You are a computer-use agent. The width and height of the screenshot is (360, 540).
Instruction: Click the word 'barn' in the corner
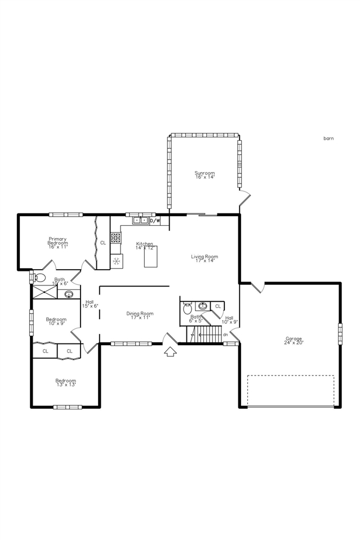pyautogui.click(x=328, y=138)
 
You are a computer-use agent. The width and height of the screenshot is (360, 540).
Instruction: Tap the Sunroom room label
pyautogui.click(x=205, y=175)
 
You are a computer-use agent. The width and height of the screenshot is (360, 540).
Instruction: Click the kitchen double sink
pyautogui.click(x=140, y=221)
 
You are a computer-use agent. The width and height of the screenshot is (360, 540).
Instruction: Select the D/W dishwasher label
pyautogui.click(x=155, y=221)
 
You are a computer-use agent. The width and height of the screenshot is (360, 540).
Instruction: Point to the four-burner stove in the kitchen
pyautogui.click(x=115, y=238)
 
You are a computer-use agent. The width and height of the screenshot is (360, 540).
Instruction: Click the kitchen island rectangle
pyautogui.click(x=151, y=256)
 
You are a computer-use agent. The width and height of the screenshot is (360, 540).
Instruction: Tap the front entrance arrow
pyautogui.click(x=170, y=351)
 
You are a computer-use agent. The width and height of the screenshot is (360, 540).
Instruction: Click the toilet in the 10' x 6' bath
pyautogui.click(x=39, y=277)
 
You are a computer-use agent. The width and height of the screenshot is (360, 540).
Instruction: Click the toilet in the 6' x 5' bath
pyautogui.click(x=188, y=308)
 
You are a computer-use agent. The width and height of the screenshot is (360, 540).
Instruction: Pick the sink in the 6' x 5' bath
pyautogui.click(x=202, y=306)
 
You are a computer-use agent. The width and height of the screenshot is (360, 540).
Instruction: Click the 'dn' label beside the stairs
pyautogui.click(x=225, y=334)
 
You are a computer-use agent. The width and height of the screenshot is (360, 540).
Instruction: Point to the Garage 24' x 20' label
pyautogui.click(x=294, y=341)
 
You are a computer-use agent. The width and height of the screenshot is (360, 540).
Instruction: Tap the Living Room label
pyautogui.click(x=204, y=258)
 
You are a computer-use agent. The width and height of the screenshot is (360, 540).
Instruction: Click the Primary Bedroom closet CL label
pyautogui.click(x=103, y=243)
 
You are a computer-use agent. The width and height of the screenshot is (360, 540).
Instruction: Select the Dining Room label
pyautogui.click(x=140, y=315)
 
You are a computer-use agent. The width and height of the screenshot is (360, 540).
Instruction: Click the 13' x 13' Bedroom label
pyautogui.click(x=65, y=382)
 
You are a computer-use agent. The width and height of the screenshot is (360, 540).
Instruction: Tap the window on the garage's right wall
pyautogui.click(x=340, y=333)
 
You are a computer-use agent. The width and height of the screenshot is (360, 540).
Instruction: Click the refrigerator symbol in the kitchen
pyautogui.click(x=117, y=261)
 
